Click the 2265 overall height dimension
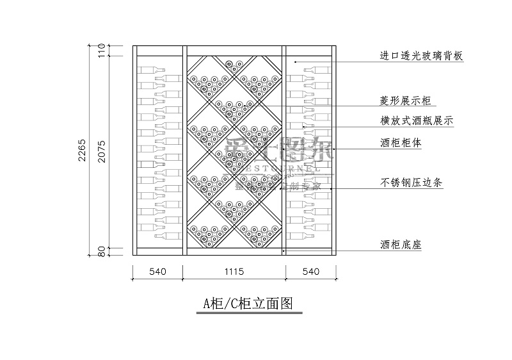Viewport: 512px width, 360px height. pyautogui.click(x=83, y=150)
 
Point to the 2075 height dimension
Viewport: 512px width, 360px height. pyautogui.click(x=101, y=151)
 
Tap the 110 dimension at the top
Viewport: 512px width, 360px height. pyautogui.click(x=101, y=51)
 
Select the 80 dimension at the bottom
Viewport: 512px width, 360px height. pyautogui.click(x=101, y=252)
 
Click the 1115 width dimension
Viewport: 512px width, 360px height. pyautogui.click(x=234, y=272)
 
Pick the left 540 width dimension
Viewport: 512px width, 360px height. pyautogui.click(x=157, y=272)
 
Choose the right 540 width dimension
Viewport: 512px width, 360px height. pyautogui.click(x=310, y=272)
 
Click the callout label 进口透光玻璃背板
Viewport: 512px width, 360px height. pyautogui.click(x=421, y=56)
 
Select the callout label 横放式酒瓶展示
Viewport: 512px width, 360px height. pyautogui.click(x=417, y=120)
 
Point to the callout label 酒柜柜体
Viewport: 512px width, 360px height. pyautogui.click(x=401, y=143)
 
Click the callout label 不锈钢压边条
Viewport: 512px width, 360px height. pyautogui.click(x=412, y=183)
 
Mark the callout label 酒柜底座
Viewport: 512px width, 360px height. pyautogui.click(x=401, y=245)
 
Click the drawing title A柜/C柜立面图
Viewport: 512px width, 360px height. pyautogui.click(x=248, y=304)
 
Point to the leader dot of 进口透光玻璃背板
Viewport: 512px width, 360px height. pyautogui.click(x=295, y=61)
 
